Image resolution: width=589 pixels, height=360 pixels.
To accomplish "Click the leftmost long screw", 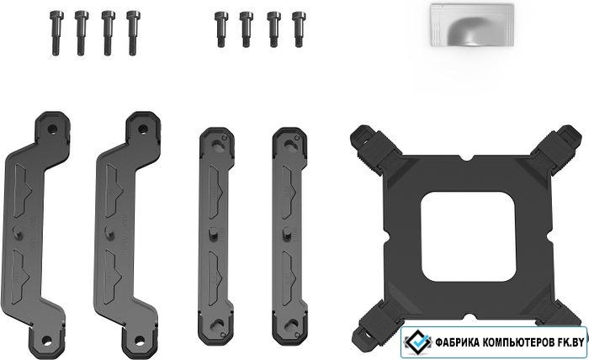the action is [x=56, y=33].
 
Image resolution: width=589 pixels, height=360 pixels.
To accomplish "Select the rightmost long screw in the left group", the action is [x=133, y=33].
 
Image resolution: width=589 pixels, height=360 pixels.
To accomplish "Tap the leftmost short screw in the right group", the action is [x=221, y=29].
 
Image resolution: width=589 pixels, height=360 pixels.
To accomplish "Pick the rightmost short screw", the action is [x=299, y=29].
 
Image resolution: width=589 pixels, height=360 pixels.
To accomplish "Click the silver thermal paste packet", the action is [x=472, y=24].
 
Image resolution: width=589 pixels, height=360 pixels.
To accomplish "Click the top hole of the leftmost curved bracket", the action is [x=52, y=130].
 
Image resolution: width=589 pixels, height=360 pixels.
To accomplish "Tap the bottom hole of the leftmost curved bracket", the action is [x=46, y=341].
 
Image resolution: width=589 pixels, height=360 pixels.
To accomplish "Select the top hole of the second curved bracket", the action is [x=143, y=130].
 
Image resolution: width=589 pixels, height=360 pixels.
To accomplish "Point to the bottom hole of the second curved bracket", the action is [x=140, y=341].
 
